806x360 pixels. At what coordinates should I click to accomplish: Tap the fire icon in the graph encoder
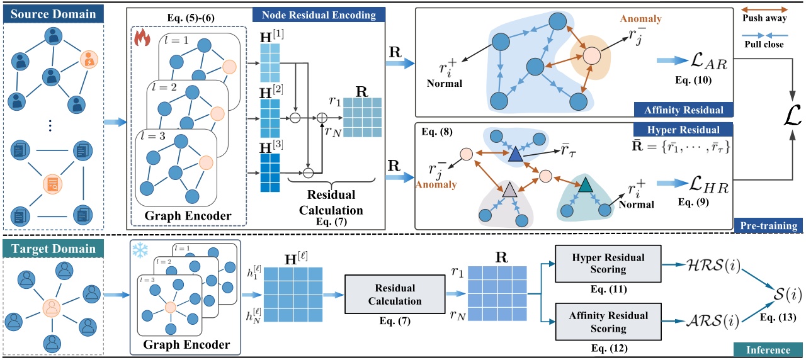pos(142,40)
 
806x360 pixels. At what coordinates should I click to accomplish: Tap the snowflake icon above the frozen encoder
pos(137,250)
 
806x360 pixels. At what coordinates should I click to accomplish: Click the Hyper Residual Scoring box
pos(608,263)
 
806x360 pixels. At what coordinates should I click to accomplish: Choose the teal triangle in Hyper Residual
pos(585,184)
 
